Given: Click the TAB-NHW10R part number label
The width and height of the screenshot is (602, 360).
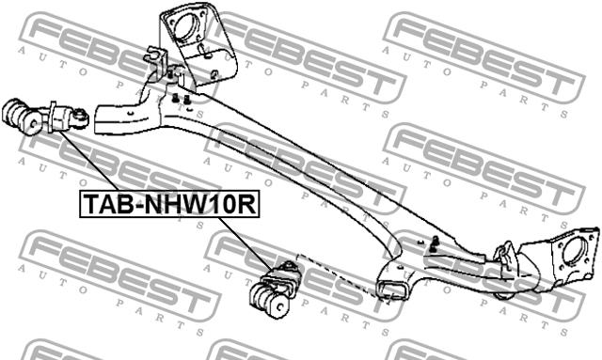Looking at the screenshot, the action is click(169, 204).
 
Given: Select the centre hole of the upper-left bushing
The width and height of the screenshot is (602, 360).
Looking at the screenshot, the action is click(34, 123).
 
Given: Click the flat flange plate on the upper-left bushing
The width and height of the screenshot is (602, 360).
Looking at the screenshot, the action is click(53, 117).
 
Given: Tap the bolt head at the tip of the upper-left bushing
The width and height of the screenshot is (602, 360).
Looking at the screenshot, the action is click(81, 116).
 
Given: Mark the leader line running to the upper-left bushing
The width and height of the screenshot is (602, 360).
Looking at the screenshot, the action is click(90, 161).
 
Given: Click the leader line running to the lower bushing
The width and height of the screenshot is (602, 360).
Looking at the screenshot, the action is click(246, 243).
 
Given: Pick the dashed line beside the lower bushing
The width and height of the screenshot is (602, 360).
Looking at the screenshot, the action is click(338, 275).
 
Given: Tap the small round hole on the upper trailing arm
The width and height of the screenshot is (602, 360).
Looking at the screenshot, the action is click(131, 113).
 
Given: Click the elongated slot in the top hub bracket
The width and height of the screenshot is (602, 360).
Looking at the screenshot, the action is click(204, 50).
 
